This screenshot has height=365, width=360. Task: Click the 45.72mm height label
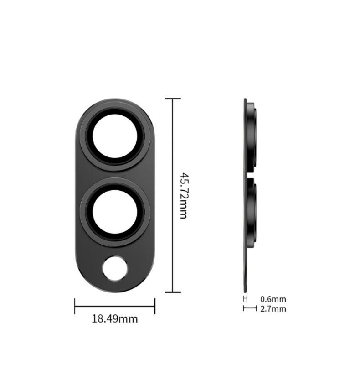point(183,195)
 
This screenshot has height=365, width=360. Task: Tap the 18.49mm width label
point(115,318)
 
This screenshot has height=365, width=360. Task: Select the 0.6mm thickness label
point(273,299)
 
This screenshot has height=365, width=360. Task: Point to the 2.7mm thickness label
point(273,309)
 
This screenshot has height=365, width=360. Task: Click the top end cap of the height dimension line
point(172,99)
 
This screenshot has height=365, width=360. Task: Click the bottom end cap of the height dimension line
point(172,292)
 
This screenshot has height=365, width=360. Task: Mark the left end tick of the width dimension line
point(75,306)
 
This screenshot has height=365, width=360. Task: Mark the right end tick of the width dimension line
point(155,306)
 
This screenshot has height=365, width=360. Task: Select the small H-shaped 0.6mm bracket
point(245,299)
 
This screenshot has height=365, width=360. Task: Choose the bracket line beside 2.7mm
point(250,308)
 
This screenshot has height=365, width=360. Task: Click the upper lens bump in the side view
point(252,137)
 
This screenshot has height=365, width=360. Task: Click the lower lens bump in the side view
point(252,210)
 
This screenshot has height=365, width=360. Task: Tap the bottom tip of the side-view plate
point(245,290)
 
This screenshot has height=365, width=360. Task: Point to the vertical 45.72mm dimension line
point(172,151)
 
